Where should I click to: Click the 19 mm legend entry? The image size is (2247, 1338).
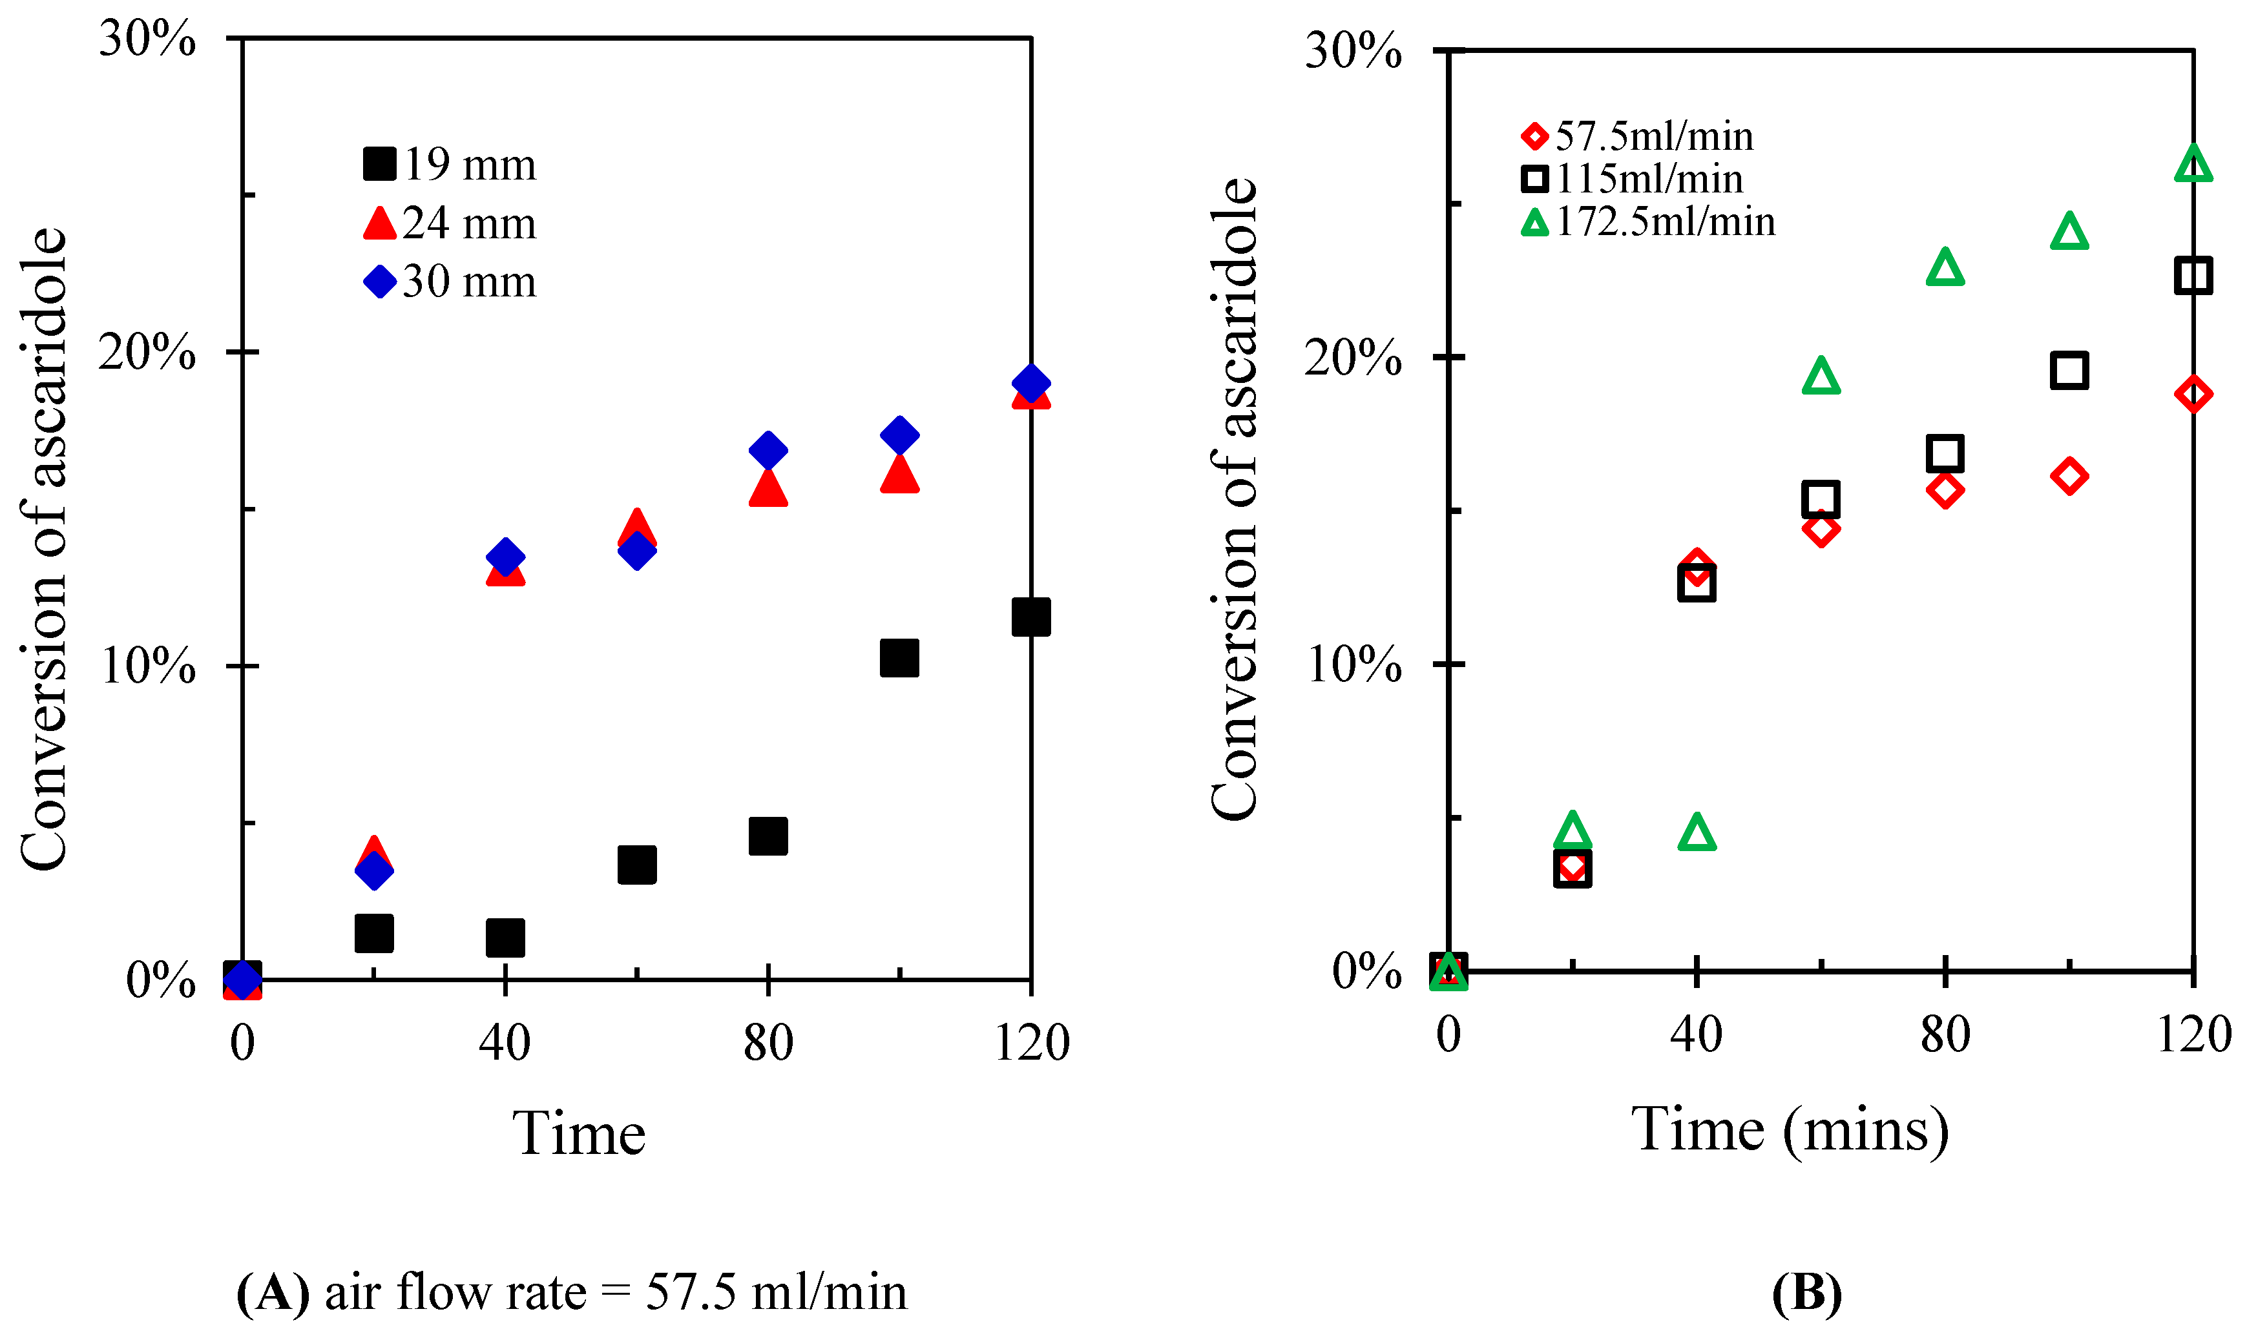click(449, 165)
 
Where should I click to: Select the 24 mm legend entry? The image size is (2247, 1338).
click(449, 223)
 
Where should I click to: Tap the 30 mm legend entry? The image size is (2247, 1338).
click(449, 282)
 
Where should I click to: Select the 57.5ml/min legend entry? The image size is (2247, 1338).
click(1636, 137)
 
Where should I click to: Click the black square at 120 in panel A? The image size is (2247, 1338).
click(1030, 617)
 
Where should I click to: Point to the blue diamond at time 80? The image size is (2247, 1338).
click(768, 450)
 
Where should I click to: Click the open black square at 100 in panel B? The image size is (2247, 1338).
click(2069, 371)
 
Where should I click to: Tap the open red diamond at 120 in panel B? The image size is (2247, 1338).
click(2193, 394)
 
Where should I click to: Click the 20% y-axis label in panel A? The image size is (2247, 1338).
click(147, 352)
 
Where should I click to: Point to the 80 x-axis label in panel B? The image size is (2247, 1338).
click(1944, 1035)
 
